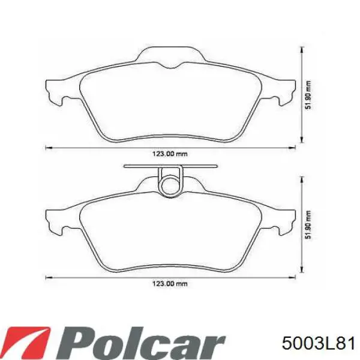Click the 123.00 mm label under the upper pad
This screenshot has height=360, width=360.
coord(170,154)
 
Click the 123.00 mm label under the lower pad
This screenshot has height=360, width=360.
coord(170,284)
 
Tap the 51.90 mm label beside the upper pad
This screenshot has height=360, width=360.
coord(308,95)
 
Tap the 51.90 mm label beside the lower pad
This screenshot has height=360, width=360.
coord(308,225)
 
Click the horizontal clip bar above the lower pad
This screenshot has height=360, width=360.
coord(170,166)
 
